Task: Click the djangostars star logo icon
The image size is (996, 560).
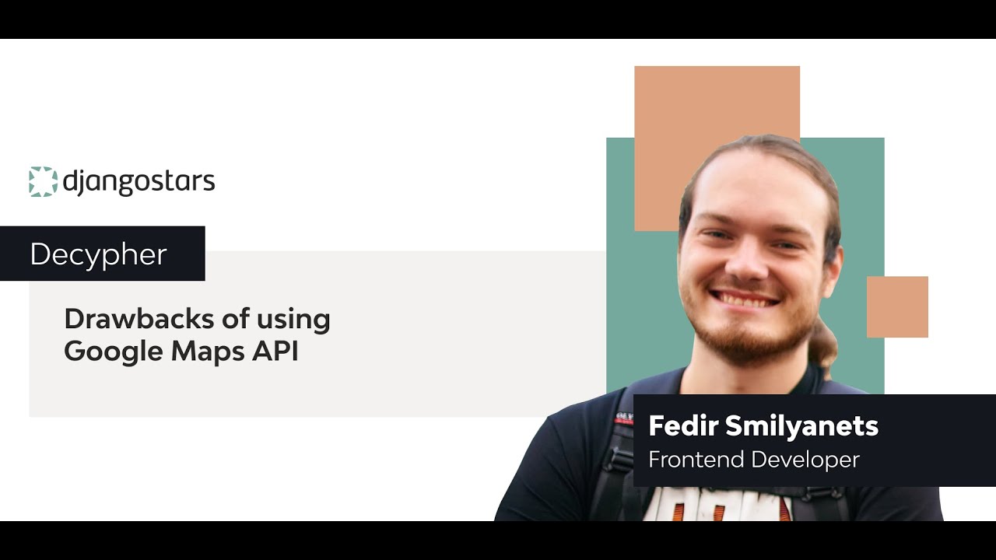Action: [43, 181]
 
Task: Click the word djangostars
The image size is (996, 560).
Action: [139, 182]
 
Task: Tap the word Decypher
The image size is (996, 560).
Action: [98, 254]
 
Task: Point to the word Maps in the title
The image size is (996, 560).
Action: [205, 352]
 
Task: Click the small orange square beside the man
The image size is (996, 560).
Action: [897, 306]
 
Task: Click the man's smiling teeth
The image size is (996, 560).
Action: [746, 298]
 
